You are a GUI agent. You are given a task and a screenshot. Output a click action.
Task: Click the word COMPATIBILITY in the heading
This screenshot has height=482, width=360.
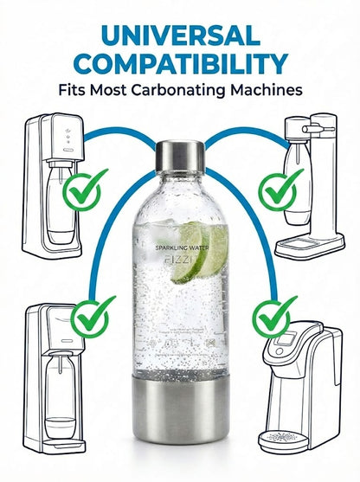pyautogui.click(x=179, y=63)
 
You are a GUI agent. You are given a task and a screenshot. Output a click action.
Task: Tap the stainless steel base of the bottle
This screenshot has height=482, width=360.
pyautogui.click(x=180, y=429)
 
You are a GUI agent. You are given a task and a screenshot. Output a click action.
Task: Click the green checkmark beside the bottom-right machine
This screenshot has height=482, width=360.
pyautogui.click(x=276, y=317)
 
